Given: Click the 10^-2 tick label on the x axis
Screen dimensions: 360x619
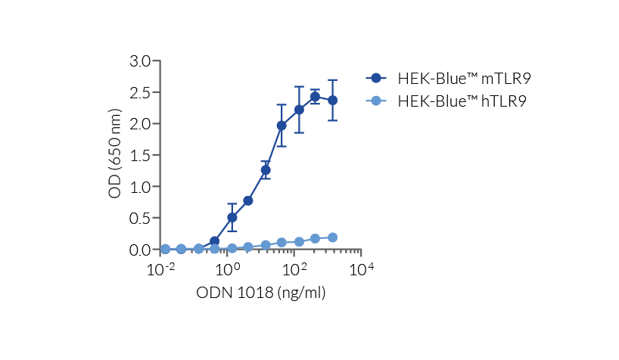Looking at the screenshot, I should pos(160,269).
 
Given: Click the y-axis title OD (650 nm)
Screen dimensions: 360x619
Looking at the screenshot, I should pos(115,155).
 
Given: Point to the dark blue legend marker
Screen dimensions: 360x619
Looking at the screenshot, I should pos(376,78).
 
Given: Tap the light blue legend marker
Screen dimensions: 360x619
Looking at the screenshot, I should pos(376,101).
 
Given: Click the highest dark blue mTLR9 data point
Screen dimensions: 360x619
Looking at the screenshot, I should pos(315,96).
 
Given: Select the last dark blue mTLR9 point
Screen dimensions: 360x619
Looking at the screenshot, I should pos(332,100).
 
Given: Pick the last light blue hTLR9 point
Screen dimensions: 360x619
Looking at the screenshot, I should pos(332,237).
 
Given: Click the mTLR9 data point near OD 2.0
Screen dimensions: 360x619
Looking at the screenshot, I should pos(282,126).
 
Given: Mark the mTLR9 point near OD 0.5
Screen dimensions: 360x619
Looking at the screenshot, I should pos(232,217).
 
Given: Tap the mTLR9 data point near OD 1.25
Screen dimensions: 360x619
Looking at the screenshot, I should pos(266,170).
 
